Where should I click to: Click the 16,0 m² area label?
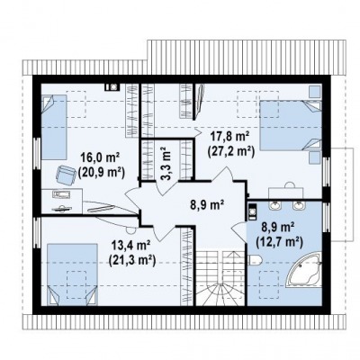100,157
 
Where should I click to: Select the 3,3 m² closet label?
165,164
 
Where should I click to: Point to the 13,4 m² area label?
130,247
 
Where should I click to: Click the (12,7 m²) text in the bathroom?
279,241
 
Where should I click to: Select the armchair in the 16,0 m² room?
66,174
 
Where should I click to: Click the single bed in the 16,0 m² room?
53,127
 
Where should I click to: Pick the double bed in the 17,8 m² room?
291,125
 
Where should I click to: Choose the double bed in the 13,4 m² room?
72,274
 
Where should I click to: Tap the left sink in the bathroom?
274,205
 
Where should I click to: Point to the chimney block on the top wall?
112,86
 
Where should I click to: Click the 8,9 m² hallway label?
208,205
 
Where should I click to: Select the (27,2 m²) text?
230,151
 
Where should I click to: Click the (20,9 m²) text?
101,172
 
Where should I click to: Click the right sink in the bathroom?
298,205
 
